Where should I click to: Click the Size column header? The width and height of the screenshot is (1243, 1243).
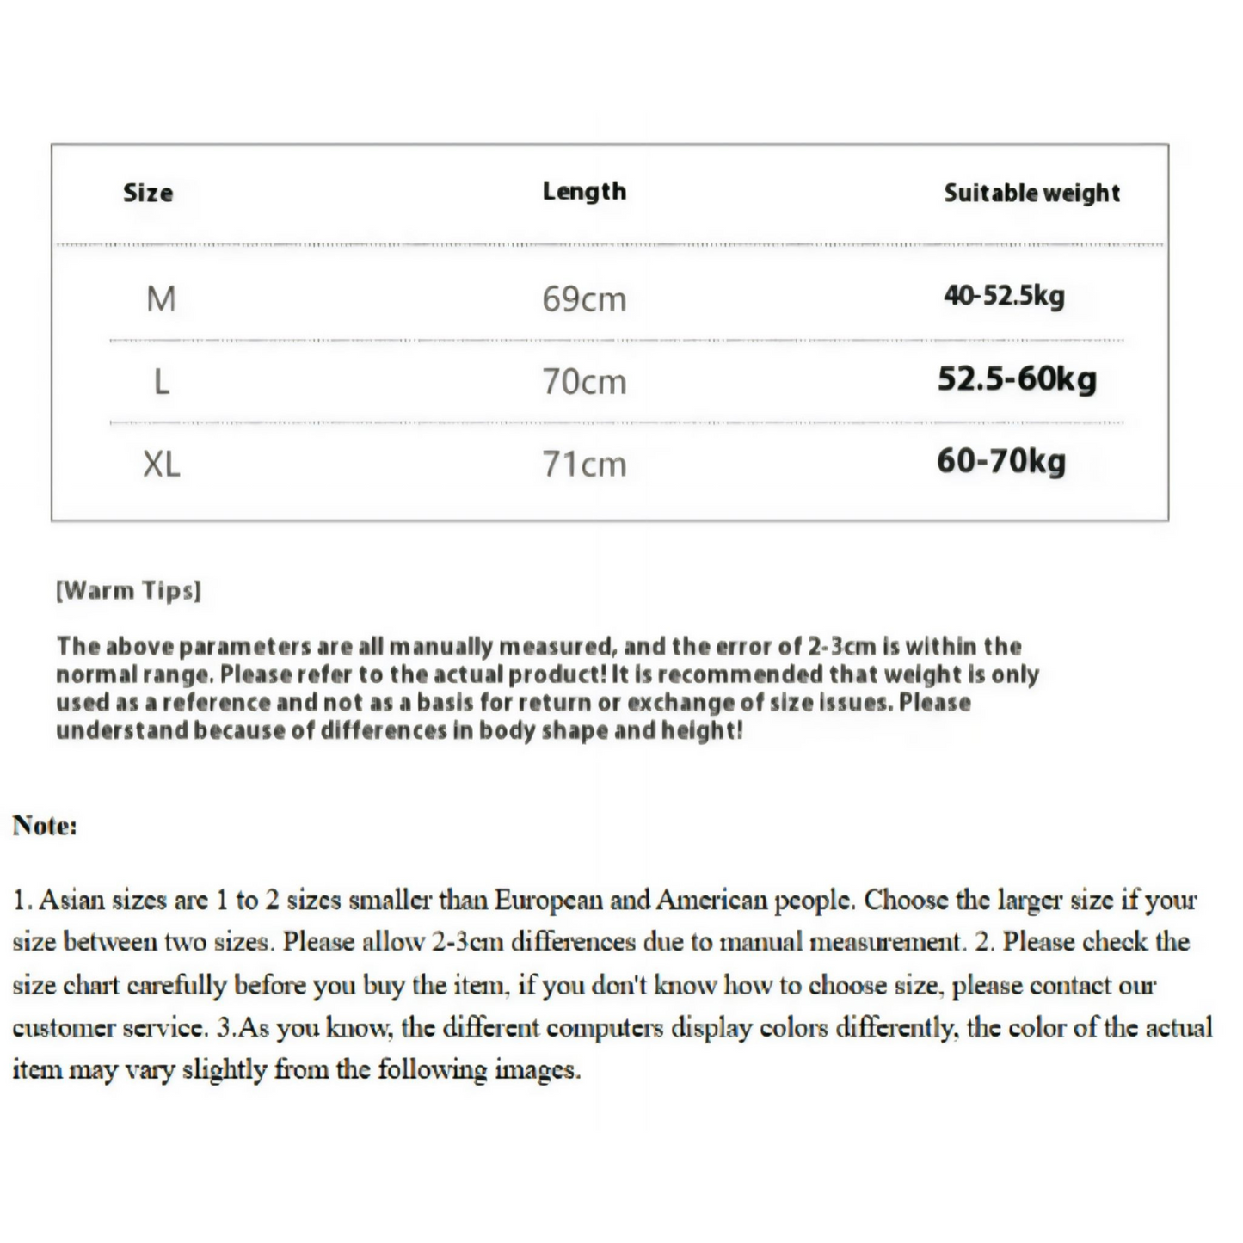pos(148,193)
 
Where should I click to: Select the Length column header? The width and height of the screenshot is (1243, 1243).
pos(584,191)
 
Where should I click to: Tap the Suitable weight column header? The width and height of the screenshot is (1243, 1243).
pos(1031,193)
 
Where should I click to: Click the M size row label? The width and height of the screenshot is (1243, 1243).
pos(161,299)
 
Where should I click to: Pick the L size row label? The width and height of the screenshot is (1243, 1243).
pos(161,381)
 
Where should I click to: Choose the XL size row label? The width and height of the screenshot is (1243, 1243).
pos(161,465)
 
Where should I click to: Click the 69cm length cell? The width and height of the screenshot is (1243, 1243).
pos(584,299)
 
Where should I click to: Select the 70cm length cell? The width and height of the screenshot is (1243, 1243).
pos(584,381)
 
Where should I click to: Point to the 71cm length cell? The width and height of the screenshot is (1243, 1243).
pos(584,465)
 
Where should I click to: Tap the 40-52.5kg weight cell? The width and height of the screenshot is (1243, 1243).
pos(1004,296)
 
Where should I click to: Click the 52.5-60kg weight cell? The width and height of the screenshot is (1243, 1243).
pos(1017,378)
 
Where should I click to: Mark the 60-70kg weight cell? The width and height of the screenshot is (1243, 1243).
pos(1001,461)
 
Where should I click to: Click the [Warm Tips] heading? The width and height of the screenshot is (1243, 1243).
pos(128,591)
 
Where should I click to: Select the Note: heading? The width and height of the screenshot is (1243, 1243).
pos(45,826)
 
